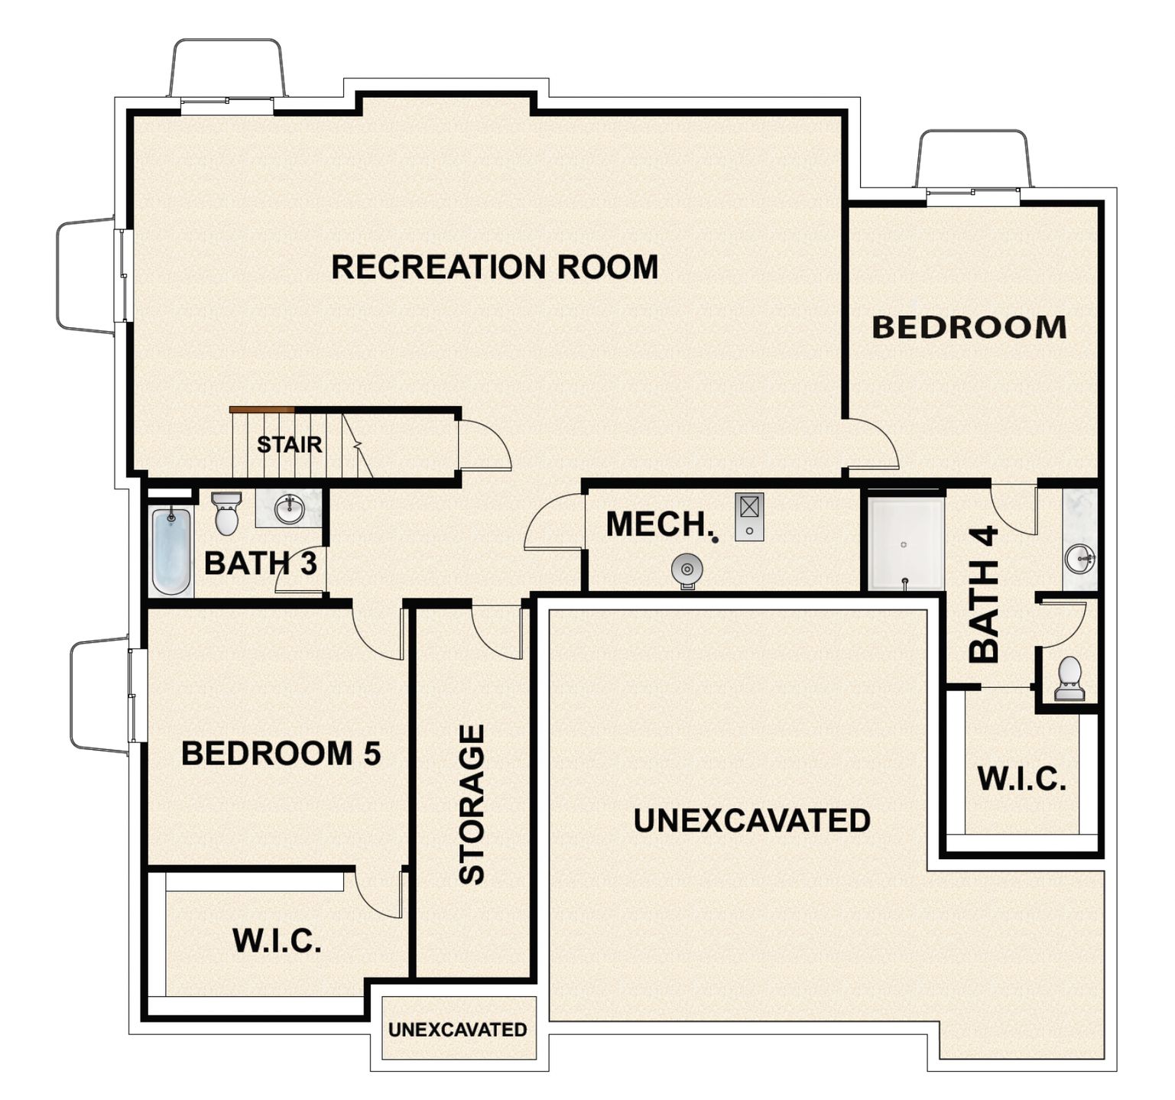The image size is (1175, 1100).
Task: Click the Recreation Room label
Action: (x=495, y=267)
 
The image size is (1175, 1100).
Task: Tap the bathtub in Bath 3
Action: (x=171, y=550)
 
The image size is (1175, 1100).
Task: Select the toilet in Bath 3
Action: (x=226, y=513)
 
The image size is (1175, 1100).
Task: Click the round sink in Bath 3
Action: (x=290, y=509)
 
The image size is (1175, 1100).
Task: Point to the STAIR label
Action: (x=290, y=444)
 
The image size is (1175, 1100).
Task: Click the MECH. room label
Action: (x=660, y=524)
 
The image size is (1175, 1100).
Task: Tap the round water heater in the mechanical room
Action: (x=686, y=570)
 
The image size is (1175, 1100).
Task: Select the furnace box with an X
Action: (x=749, y=517)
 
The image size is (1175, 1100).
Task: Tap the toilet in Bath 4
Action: (x=1070, y=678)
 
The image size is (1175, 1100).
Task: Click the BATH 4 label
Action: (x=984, y=594)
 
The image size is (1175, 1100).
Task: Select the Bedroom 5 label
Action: (x=281, y=754)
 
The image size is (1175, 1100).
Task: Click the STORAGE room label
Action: (x=472, y=804)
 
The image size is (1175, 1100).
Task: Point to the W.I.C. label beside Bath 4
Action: (x=1022, y=779)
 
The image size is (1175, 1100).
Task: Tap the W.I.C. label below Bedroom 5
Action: (x=277, y=940)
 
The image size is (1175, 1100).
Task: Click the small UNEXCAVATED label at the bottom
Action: (x=458, y=1030)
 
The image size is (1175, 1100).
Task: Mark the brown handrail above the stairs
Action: (x=262, y=410)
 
